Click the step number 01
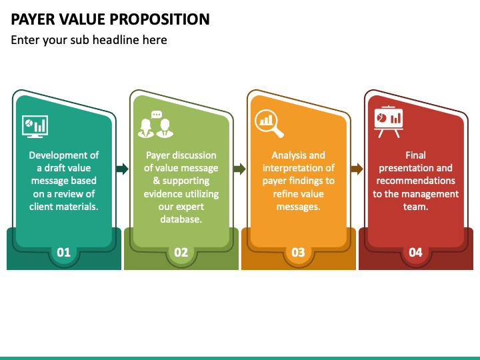click(x=63, y=252)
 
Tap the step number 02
click(x=181, y=252)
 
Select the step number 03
click(x=298, y=252)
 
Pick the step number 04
click(x=415, y=252)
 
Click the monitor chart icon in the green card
click(x=35, y=125)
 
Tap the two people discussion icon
click(x=155, y=124)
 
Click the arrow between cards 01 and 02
click(x=123, y=169)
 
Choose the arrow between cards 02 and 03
click(x=239, y=169)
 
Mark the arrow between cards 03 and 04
click(x=357, y=169)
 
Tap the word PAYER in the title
click(x=31, y=19)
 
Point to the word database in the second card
click(x=181, y=219)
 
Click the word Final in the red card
click(x=415, y=155)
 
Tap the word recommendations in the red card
click(x=415, y=181)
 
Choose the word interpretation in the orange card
click(x=290, y=168)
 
